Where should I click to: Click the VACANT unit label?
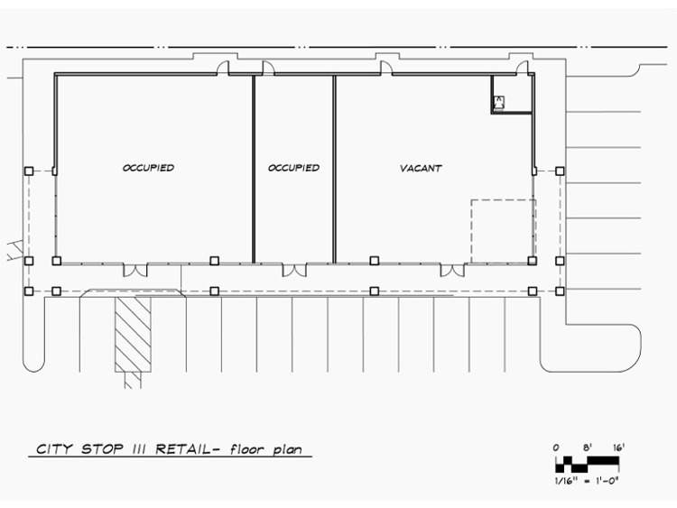tap(421, 168)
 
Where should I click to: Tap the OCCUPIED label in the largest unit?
tap(148, 168)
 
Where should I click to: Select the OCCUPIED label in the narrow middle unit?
tap(293, 168)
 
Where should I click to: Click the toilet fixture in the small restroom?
tap(499, 103)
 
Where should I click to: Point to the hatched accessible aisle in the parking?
tap(133, 335)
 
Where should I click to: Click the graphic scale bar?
tap(588, 464)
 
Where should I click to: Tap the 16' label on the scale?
tap(618, 448)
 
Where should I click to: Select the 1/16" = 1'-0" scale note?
tap(587, 480)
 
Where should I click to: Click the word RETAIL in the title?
tap(182, 448)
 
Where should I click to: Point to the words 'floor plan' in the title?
tap(266, 449)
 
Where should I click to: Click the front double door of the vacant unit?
tap(452, 270)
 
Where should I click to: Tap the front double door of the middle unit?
tap(294, 270)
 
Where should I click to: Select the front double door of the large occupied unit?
tap(135, 270)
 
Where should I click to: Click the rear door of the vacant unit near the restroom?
tap(523, 69)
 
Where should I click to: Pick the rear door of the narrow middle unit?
tap(268, 69)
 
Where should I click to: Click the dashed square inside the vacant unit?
tap(471, 231)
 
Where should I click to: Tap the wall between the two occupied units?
tap(254, 169)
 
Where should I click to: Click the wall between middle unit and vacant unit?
tap(334, 169)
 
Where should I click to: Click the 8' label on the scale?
tap(587, 448)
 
